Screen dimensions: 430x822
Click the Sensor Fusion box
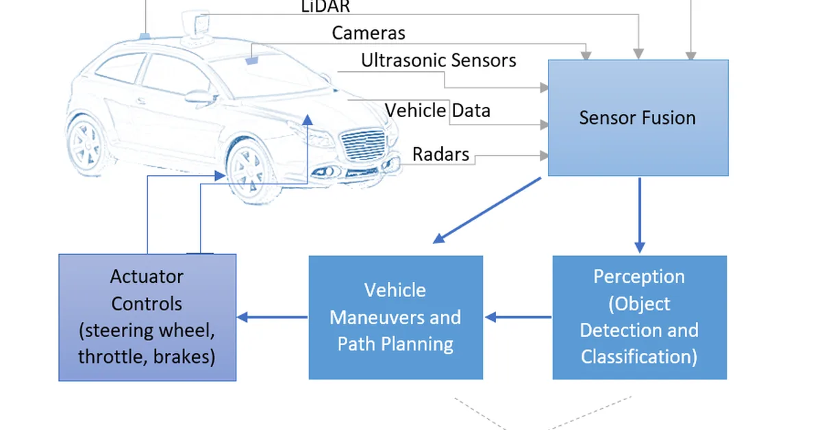638,118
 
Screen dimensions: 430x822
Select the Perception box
639,317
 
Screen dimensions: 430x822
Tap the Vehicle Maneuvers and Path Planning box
395,317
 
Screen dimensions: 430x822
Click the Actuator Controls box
147,317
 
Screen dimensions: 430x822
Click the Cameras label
369,32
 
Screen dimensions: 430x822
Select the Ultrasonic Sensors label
438,60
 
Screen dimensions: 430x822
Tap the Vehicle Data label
437,110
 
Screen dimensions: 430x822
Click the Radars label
440,154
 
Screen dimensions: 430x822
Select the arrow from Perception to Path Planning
518,317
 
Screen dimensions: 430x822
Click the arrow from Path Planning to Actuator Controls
272,317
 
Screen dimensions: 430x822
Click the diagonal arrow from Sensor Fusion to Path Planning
488,210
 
